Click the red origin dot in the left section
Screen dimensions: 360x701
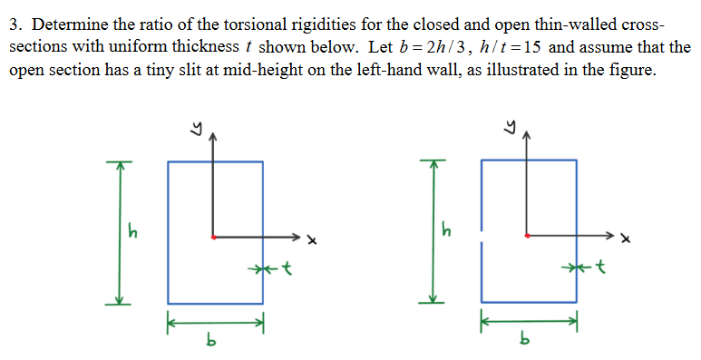pos(213,238)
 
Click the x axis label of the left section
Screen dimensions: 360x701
pos(310,240)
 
